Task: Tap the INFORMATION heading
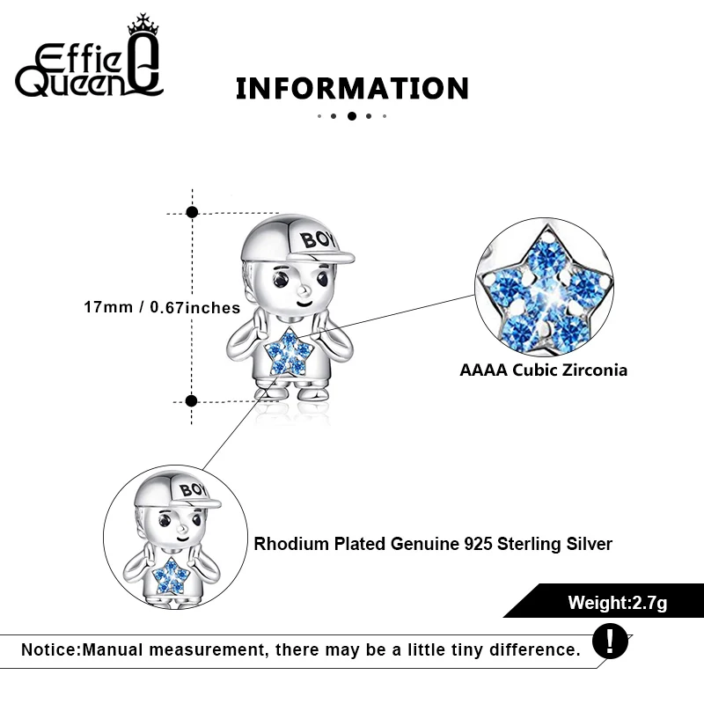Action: pos(352,89)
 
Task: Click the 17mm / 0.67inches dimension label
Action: pos(162,307)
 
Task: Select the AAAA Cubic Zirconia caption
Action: pos(543,370)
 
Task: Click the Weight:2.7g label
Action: pos(617,603)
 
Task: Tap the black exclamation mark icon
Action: pos(610,641)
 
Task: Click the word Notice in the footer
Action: pos(49,650)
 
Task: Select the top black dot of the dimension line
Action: pos(193,212)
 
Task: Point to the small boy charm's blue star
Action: pos(171,576)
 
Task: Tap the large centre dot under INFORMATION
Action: pos(351,115)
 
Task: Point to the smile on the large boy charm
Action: pos(304,303)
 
